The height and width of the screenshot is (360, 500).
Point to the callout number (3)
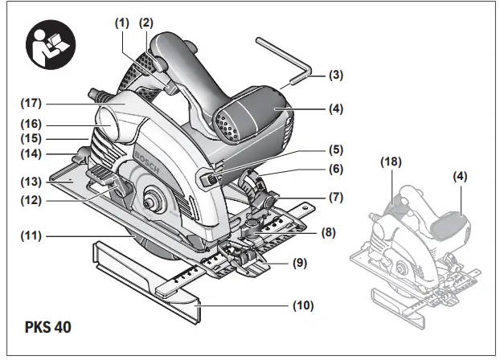click(335, 76)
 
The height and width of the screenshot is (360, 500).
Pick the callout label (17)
click(32, 104)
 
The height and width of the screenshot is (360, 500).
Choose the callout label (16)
click(32, 125)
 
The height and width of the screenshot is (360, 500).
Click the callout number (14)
click(32, 153)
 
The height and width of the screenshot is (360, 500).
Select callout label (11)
click(32, 236)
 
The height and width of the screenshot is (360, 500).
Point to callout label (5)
click(335, 149)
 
